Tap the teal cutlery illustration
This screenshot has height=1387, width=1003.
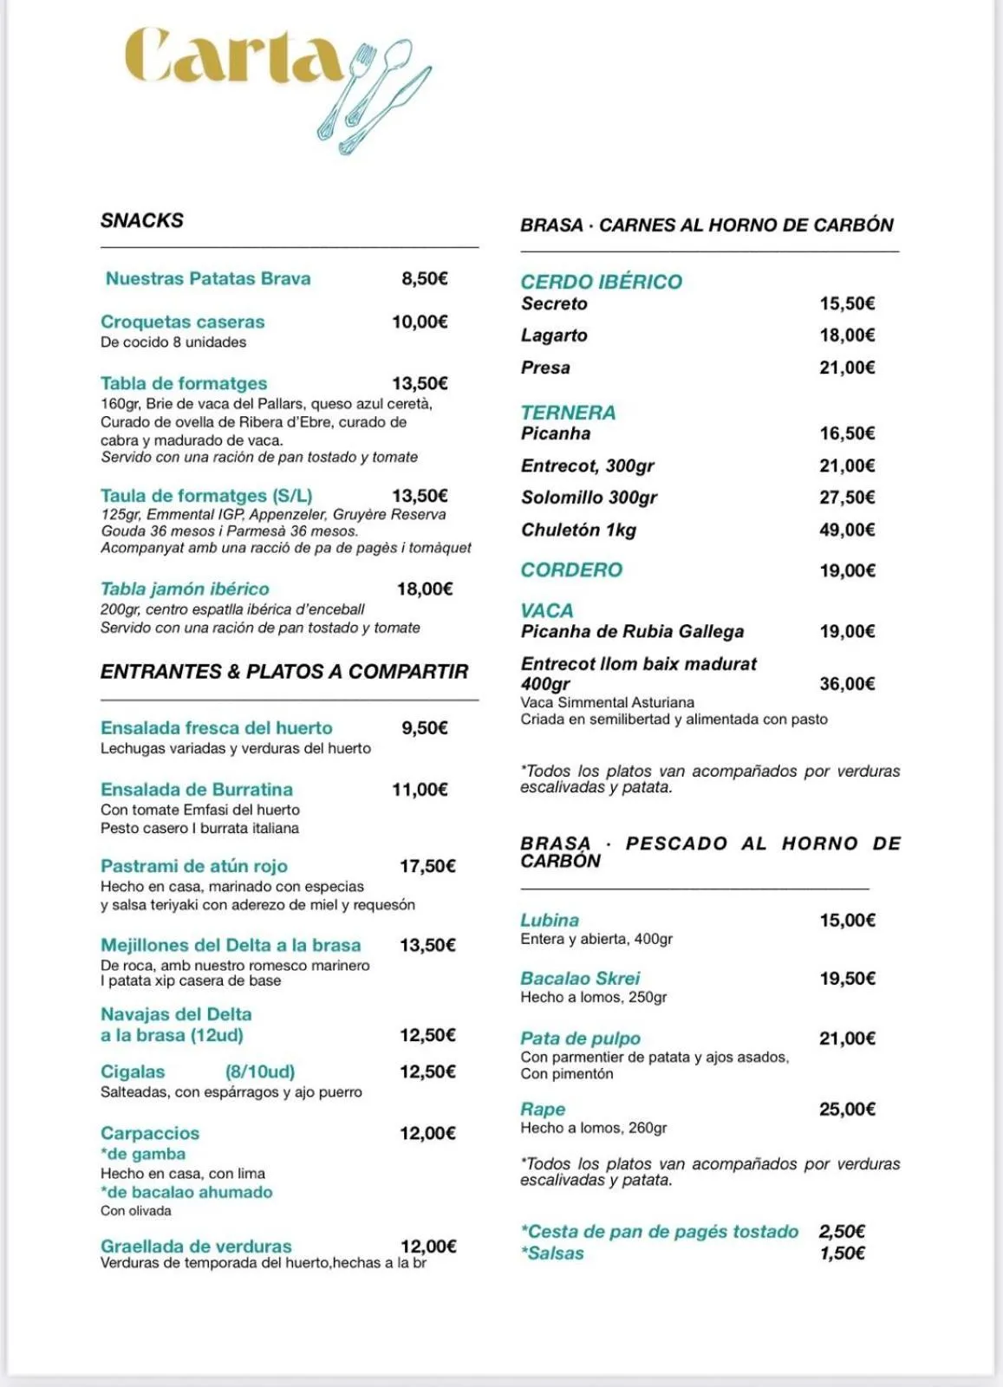click(374, 95)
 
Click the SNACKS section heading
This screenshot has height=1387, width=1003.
click(142, 220)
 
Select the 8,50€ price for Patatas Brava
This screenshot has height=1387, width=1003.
click(424, 278)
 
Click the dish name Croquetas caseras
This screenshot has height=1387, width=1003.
click(182, 322)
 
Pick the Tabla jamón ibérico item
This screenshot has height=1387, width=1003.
click(185, 589)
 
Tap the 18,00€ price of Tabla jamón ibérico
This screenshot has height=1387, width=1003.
click(424, 589)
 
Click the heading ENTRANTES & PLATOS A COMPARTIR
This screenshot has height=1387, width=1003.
click(283, 672)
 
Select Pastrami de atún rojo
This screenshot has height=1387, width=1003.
click(193, 866)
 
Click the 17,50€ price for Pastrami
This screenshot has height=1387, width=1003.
click(427, 866)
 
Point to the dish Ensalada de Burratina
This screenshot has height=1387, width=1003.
click(196, 790)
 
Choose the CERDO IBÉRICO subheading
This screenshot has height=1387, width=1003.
click(601, 282)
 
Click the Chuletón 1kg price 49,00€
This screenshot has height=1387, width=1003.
click(847, 530)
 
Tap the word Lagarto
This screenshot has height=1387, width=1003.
click(554, 335)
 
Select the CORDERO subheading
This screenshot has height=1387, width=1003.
click(571, 570)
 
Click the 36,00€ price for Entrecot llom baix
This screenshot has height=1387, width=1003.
click(847, 684)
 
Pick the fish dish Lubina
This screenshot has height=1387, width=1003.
click(550, 920)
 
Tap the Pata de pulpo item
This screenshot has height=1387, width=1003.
click(580, 1038)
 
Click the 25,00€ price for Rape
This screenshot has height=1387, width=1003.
click(847, 1109)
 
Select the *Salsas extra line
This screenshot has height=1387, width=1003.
click(554, 1253)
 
